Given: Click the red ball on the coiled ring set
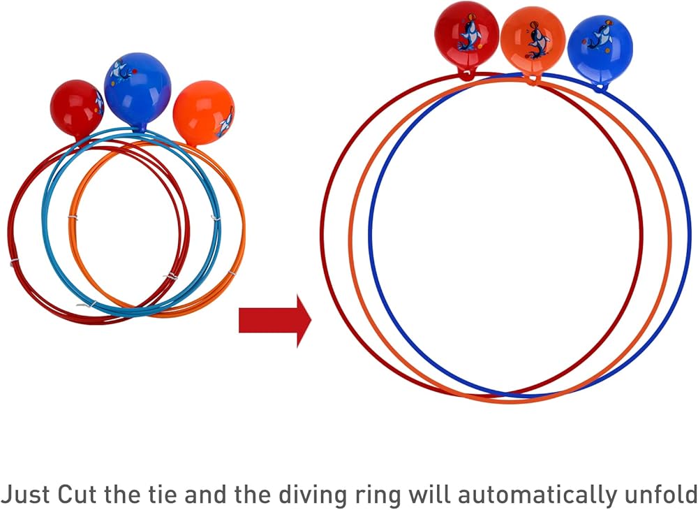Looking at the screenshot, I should point(77,108).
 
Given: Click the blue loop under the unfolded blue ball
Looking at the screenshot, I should point(599,87).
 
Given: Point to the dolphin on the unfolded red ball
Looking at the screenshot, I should point(468,35).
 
